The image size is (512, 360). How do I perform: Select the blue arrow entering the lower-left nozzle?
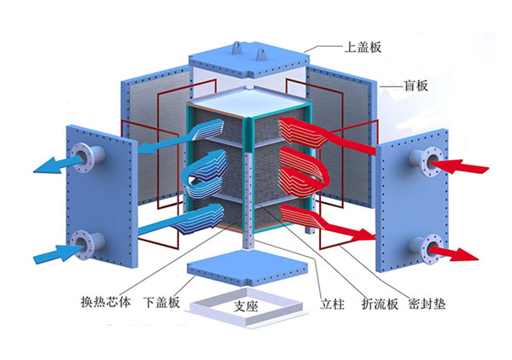pyautogui.click(x=51, y=253)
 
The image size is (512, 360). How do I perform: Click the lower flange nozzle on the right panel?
pyautogui.click(x=425, y=248)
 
